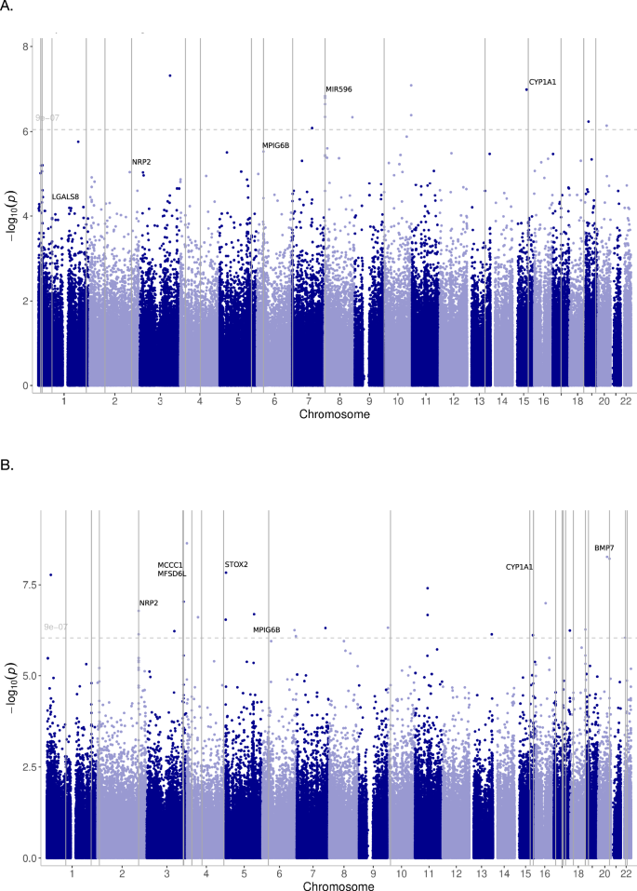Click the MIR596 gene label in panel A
pyautogui.click(x=338, y=89)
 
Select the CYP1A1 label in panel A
pyautogui.click(x=542, y=82)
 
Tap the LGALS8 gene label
pyautogui.click(x=65, y=196)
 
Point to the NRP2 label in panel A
pyautogui.click(x=141, y=162)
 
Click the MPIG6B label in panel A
pyautogui.click(x=275, y=145)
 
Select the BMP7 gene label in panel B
pyautogui.click(x=604, y=548)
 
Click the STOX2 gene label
pyautogui.click(x=236, y=564)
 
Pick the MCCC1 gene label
pyautogui.click(x=170, y=565)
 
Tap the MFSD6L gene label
pyautogui.click(x=172, y=574)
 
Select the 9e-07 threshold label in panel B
pyautogui.click(x=55, y=628)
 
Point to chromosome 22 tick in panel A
pyautogui.click(x=627, y=400)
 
